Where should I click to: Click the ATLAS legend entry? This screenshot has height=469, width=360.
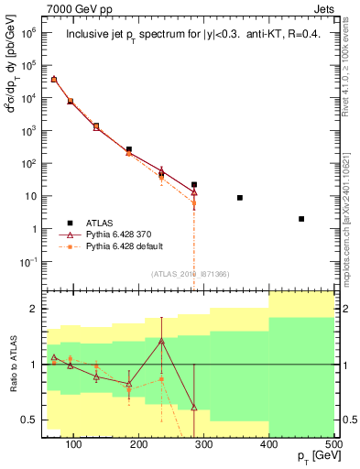[102, 223]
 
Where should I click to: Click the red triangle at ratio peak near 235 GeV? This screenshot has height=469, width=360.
[161, 341]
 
